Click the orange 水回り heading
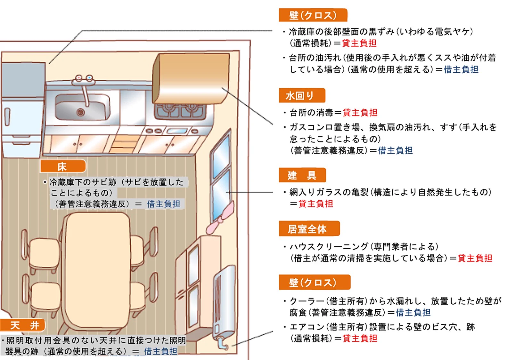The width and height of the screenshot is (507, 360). point(301,96)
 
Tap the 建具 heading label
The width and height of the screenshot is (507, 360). point(302,175)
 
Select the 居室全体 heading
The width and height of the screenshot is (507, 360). point(308,229)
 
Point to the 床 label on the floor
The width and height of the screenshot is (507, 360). point(62,166)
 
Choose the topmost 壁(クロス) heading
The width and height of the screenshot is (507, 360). point(313,15)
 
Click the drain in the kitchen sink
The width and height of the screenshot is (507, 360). point(81,112)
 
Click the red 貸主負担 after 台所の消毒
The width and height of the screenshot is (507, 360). point(360,113)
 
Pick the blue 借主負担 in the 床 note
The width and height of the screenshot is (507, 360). point(163,204)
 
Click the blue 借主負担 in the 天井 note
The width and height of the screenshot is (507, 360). point(160,351)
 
